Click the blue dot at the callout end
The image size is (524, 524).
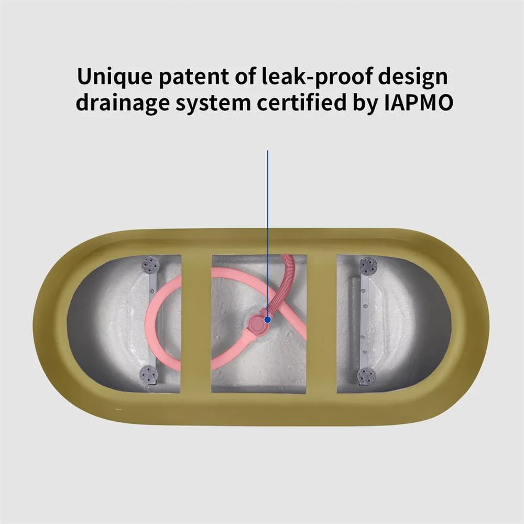click(268, 318)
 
